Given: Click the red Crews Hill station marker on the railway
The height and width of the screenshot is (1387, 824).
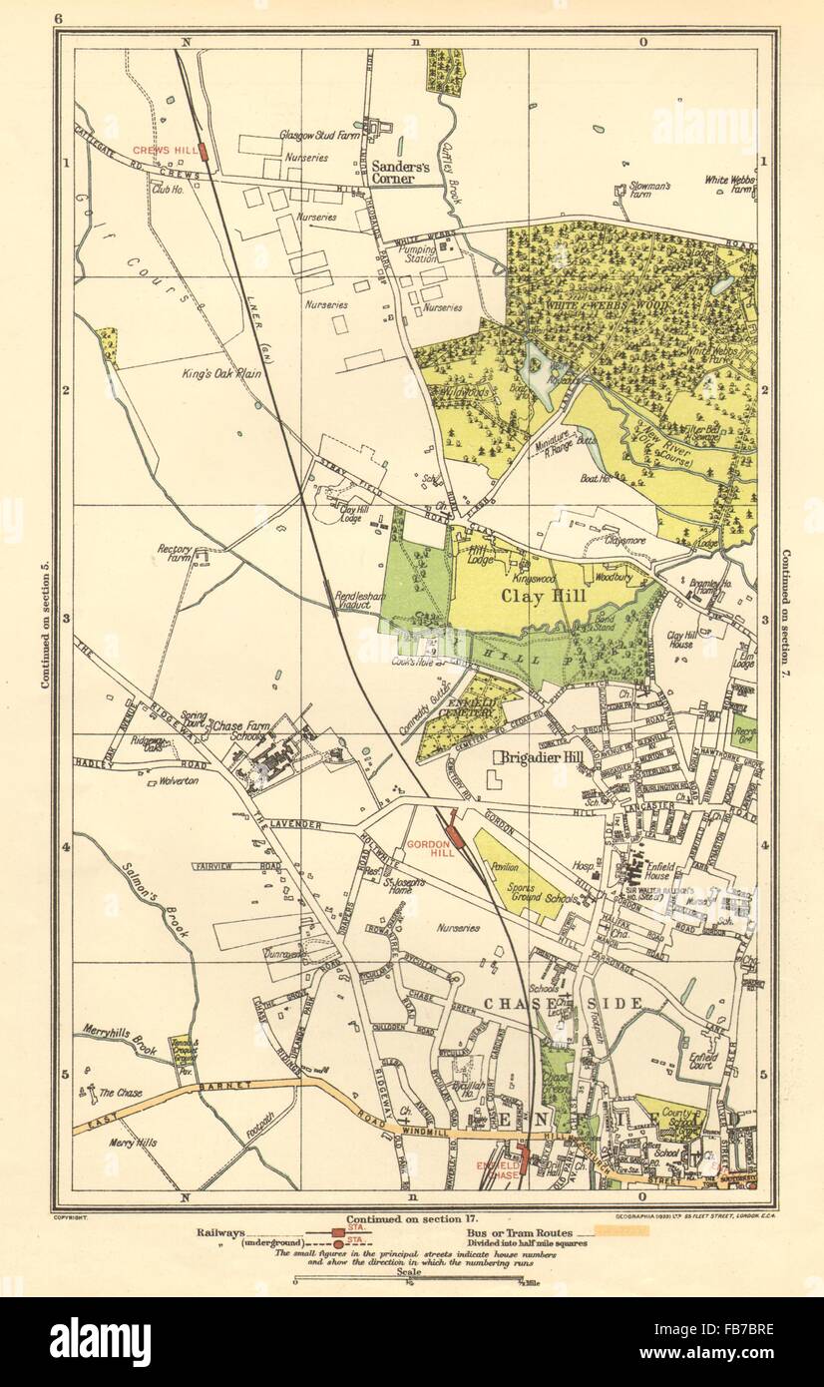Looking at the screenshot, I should point(204,152).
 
